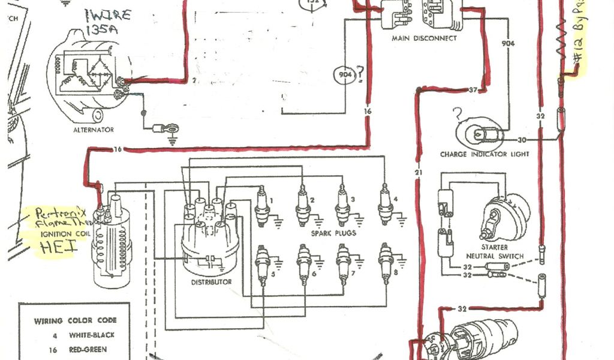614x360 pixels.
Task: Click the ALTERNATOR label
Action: pyautogui.click(x=93, y=130)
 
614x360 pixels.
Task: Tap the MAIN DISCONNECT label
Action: pyautogui.click(x=424, y=38)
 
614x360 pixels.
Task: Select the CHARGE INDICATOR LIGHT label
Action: pyautogui.click(x=484, y=154)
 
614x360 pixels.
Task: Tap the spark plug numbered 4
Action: pyautogui.click(x=385, y=204)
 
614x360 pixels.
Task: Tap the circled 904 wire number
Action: pyautogui.click(x=345, y=75)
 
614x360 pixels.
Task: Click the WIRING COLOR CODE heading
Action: pyautogui.click(x=75, y=320)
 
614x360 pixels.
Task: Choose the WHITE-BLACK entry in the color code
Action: pyautogui.click(x=92, y=335)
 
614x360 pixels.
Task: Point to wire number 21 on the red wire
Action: pyautogui.click(x=418, y=173)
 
